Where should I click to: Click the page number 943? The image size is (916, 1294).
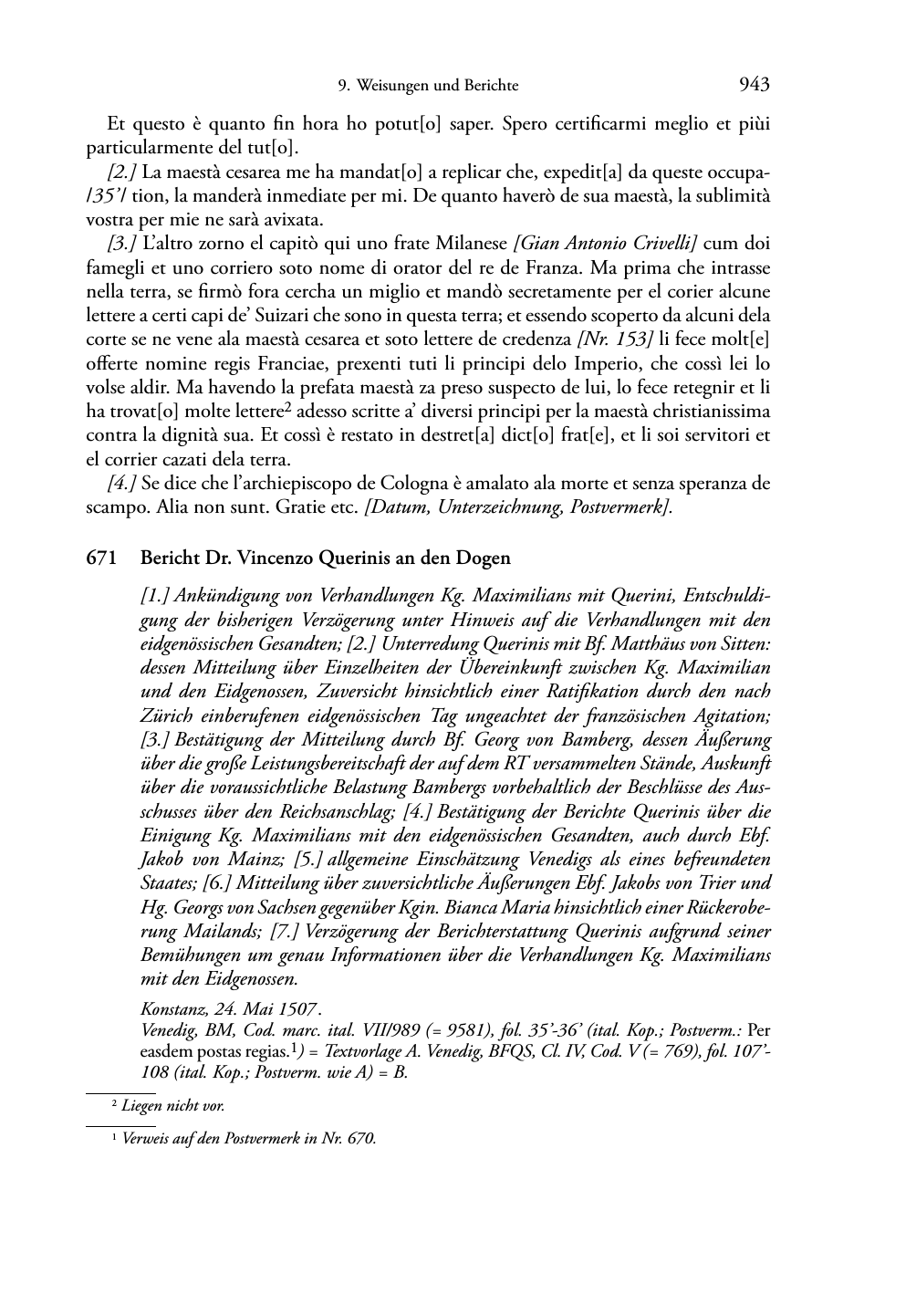click(754, 85)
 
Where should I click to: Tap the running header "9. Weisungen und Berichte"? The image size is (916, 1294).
click(427, 86)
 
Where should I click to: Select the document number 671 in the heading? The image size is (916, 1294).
click(100, 558)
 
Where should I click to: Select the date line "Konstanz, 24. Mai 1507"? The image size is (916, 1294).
click(228, 1010)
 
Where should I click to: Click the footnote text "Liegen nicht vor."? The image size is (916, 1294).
click(173, 1106)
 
